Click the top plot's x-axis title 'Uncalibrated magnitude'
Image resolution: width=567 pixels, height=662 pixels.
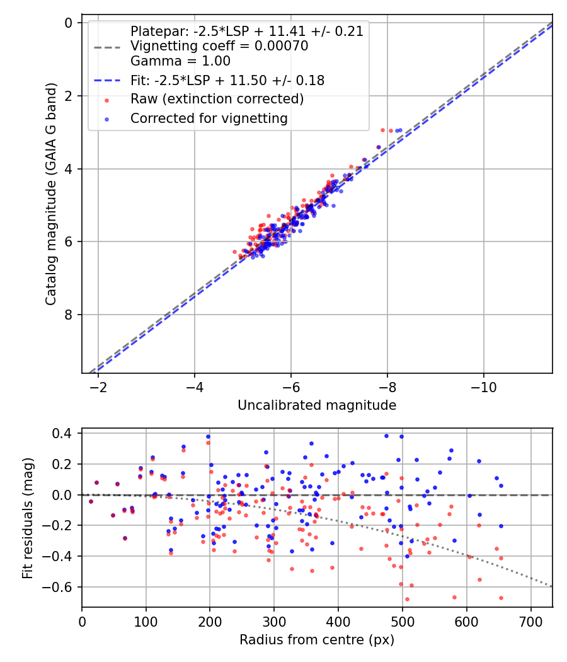(317, 405)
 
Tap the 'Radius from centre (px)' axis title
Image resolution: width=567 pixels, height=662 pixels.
(317, 640)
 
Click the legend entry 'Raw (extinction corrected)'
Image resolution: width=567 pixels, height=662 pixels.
(217, 99)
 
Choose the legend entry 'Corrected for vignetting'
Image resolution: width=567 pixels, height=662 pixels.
(209, 118)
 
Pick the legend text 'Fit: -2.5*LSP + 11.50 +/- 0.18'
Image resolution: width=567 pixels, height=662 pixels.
(227, 80)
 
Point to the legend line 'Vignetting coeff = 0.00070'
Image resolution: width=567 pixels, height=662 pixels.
(219, 46)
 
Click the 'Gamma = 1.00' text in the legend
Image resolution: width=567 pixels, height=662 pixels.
(180, 61)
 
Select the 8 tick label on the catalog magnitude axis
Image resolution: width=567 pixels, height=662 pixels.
(70, 315)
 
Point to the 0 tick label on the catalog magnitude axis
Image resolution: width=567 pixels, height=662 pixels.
(70, 23)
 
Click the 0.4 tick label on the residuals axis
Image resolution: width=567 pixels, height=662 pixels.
(63, 434)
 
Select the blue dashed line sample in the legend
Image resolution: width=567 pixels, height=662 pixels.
(106, 80)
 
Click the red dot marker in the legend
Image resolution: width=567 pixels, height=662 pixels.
(106, 100)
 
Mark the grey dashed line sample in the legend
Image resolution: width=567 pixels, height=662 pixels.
(106, 47)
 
